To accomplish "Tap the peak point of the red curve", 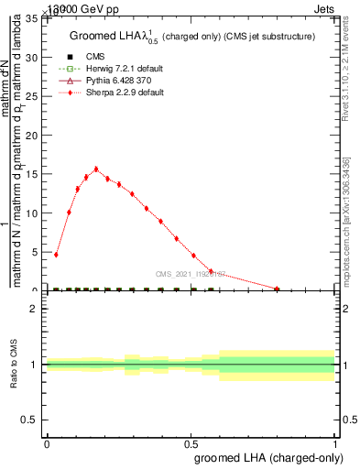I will coord(96,169).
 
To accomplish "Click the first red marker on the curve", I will coord(56,255).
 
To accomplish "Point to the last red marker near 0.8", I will coord(277,289).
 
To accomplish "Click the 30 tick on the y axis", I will coord(35,57).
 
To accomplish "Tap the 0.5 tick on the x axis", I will coord(191,441).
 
